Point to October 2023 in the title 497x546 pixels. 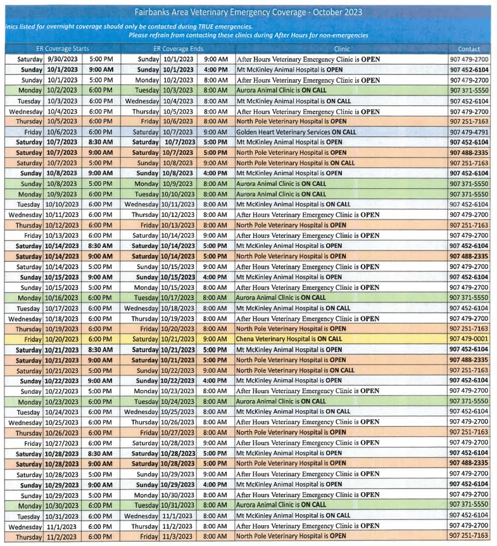pos(340,12)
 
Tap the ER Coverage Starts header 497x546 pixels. pos(62,49)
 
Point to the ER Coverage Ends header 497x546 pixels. pos(179,49)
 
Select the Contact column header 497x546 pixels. pos(469,49)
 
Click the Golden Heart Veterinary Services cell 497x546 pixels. pos(296,132)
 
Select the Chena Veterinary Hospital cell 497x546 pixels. pos(289,339)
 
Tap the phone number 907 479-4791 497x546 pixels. pos(469,132)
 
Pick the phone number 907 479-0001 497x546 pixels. pos(469,339)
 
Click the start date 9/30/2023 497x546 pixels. pos(62,59)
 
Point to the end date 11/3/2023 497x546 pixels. pos(178,536)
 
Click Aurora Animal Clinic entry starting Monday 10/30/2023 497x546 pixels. pos(281,505)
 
